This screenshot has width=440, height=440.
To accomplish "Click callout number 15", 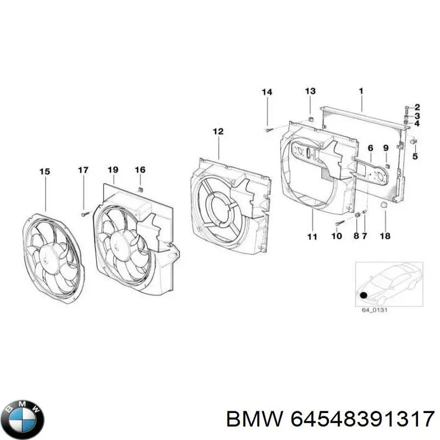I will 45,172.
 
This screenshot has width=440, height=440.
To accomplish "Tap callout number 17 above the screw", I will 82,170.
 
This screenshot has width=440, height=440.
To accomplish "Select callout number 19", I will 113,170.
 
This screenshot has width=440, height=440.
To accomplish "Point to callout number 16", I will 140,170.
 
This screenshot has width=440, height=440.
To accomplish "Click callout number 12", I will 218,131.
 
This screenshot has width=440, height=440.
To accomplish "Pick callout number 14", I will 267,92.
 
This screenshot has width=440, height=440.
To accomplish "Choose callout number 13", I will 310,91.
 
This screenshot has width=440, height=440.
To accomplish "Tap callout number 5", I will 415,156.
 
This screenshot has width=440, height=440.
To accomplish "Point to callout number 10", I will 337,236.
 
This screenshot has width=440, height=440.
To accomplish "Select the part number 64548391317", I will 360,420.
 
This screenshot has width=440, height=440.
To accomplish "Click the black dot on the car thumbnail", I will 364,295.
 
